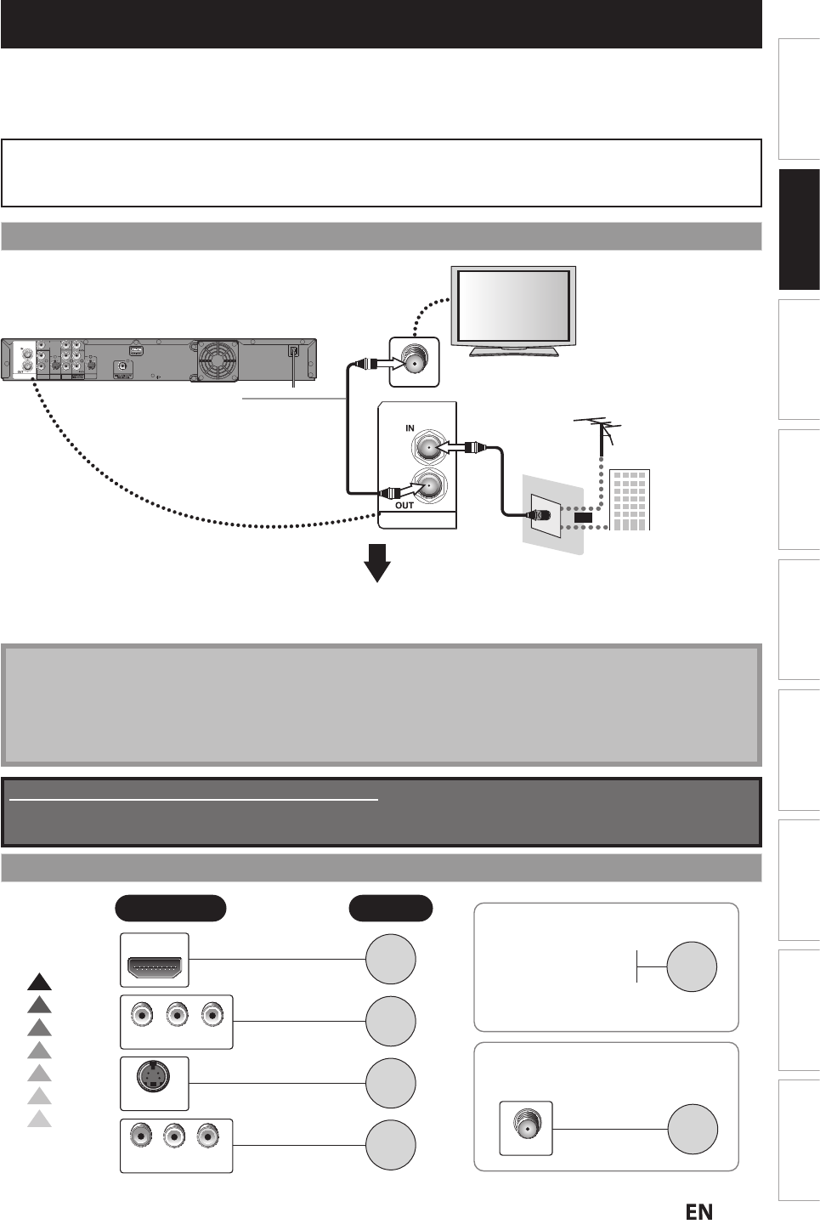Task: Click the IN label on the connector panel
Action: tap(410, 429)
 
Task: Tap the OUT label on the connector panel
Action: tap(404, 505)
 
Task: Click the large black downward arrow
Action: tap(376, 562)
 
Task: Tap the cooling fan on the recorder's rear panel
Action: tap(215, 359)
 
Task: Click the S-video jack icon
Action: tap(154, 1083)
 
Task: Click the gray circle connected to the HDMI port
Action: tap(391, 958)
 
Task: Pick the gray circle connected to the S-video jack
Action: tap(391, 1083)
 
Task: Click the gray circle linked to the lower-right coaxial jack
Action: tap(693, 1129)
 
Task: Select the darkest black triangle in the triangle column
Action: tap(39, 982)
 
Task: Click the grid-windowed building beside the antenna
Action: tap(630, 499)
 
